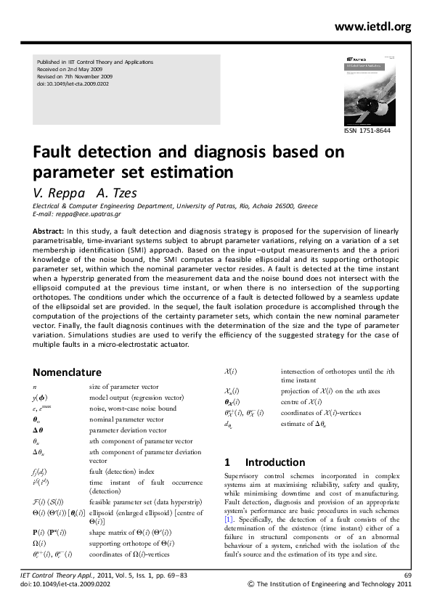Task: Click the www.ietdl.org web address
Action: click(x=372, y=27)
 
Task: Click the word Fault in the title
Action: click(x=56, y=153)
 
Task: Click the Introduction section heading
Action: click(x=274, y=462)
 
